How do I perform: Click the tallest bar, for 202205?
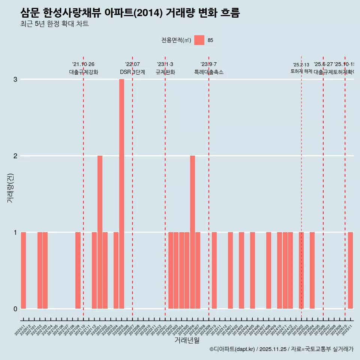coord(121,194)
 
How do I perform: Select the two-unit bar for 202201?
coord(100,232)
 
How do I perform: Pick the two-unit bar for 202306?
coord(192,232)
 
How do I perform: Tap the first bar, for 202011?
coord(23,270)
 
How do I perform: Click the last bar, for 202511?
coord(350,270)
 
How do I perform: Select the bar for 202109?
coord(78,270)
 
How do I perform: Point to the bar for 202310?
coord(214,270)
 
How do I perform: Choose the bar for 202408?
coord(268,270)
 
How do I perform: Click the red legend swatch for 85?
coord(199,40)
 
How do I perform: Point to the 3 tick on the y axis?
coord(15,79)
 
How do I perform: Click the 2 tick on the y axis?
coord(15,156)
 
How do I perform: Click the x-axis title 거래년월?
coord(187,340)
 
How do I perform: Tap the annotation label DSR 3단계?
coord(132,72)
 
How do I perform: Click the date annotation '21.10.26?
coord(83,64)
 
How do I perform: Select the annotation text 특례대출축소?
coord(208,72)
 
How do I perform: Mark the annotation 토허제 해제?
coord(301,71)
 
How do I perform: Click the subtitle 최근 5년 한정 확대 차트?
coord(54,24)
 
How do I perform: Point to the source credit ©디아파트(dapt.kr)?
coord(232,349)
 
